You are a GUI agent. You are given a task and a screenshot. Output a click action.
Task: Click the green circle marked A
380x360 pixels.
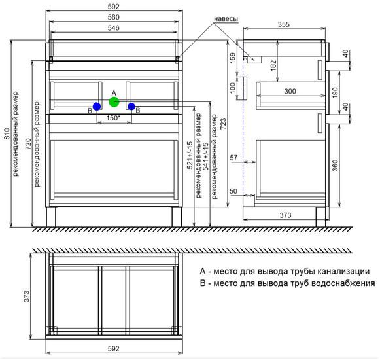point(114,102)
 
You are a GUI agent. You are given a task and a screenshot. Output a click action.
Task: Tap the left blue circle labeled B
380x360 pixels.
point(97,106)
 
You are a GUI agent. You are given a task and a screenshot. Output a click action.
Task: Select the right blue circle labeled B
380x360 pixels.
point(131,106)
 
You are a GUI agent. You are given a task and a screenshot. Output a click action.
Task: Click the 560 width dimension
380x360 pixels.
point(113,17)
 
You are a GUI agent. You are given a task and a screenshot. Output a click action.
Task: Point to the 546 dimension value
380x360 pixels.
point(113,28)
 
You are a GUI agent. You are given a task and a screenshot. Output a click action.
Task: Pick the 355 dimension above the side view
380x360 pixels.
point(284,24)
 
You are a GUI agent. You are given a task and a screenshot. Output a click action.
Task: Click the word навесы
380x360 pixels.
point(226,19)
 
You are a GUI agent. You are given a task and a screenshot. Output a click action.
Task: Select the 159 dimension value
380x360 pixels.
point(233,58)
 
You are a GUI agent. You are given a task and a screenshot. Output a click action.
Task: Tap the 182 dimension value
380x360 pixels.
point(273,65)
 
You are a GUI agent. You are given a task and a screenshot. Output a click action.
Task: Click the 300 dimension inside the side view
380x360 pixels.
point(290,91)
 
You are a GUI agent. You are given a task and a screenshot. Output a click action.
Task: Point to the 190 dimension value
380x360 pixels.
point(335,93)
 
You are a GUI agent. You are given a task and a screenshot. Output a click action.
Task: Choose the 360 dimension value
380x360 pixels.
point(335,165)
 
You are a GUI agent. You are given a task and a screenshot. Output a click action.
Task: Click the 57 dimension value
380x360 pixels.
point(233,158)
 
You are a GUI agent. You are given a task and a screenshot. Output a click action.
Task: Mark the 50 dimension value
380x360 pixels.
point(233,191)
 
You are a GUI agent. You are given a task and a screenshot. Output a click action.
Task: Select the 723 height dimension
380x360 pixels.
point(223,124)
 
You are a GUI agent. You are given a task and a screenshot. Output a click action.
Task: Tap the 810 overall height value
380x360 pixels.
point(7,134)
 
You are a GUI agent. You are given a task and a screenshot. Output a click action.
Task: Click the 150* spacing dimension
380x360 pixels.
point(113,118)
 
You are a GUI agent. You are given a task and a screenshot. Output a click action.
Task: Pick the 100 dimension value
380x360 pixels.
point(233,88)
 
